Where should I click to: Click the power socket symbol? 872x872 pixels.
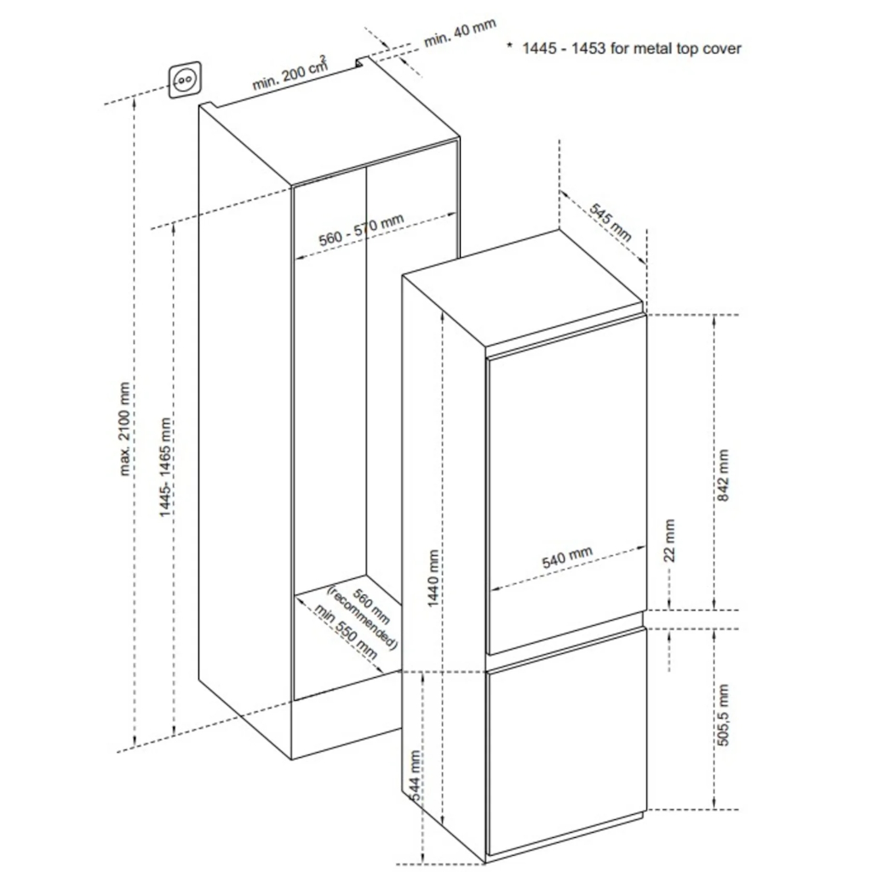184,80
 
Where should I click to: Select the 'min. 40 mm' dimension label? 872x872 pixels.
460,33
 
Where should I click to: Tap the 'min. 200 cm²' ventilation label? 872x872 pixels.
290,73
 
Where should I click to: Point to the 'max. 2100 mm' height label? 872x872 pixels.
124,429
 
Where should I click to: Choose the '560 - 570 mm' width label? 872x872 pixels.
361,230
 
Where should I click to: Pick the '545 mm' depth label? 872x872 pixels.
611,222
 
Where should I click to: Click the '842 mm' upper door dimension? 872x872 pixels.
722,475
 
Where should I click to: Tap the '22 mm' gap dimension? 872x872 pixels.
669,541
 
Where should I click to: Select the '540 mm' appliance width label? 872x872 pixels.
567,557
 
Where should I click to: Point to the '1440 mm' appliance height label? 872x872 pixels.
433,578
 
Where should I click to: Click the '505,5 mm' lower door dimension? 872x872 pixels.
722,714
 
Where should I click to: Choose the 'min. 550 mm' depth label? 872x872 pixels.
346,632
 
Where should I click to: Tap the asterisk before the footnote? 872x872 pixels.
509,46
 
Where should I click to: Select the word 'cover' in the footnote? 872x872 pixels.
722,49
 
